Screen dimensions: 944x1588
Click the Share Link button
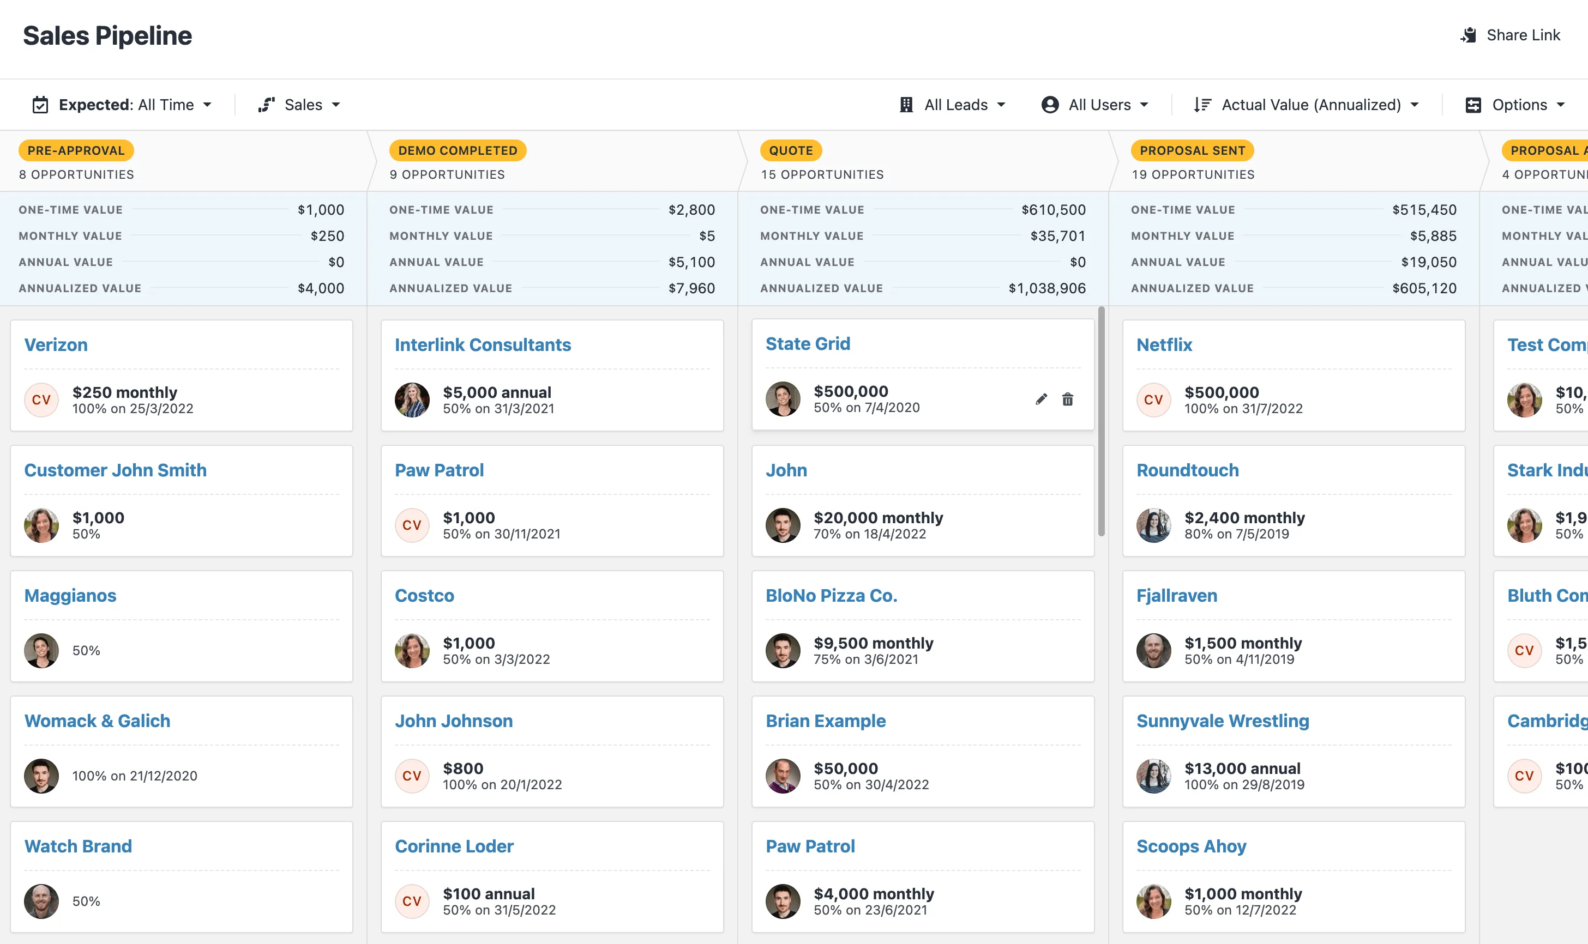(1511, 35)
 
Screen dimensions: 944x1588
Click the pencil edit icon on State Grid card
(1041, 399)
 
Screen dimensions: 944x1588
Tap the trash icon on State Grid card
(1067, 399)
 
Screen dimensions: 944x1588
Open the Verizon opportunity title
(56, 345)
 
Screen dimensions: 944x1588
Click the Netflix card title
(1164, 345)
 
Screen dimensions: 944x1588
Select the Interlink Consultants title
(483, 345)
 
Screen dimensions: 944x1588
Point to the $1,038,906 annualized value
(1047, 288)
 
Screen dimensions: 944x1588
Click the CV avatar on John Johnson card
(412, 776)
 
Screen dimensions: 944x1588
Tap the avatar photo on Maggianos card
(41, 650)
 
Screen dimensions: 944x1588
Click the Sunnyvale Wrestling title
(1222, 721)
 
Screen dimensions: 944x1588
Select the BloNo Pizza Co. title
(831, 595)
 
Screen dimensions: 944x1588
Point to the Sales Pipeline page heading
(107, 35)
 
